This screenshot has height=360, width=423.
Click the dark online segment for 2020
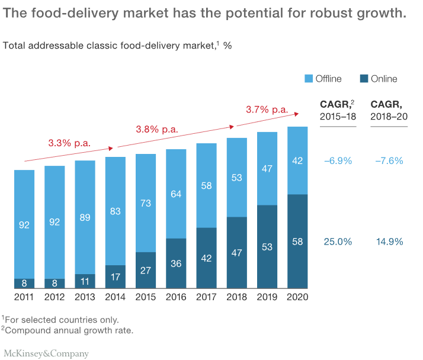297,242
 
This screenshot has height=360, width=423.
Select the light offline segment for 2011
24,224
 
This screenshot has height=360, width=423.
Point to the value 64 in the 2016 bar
176,194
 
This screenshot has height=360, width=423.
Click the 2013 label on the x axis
85,297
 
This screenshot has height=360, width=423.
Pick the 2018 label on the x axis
237,297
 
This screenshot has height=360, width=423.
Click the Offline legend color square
308,79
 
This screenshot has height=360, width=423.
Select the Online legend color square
364,79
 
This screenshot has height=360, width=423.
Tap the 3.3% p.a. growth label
69,143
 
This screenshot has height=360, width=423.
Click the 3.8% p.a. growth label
157,129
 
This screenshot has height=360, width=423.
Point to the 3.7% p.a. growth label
267,110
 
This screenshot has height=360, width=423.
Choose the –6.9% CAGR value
338,160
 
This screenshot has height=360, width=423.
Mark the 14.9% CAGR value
389,242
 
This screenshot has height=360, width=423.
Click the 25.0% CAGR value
338,242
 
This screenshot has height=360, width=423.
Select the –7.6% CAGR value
389,160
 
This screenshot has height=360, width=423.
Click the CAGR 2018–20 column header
389,110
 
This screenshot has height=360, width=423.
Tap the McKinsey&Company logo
46,353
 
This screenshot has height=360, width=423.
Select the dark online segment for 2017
206,258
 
